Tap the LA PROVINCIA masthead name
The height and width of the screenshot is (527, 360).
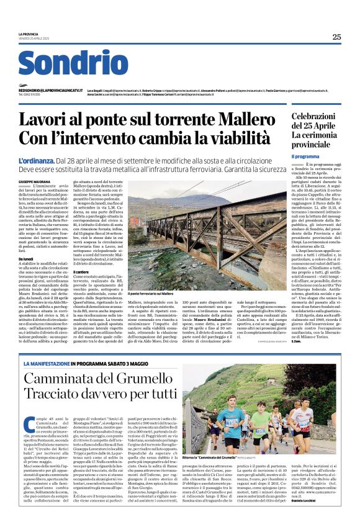tap(29, 34)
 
